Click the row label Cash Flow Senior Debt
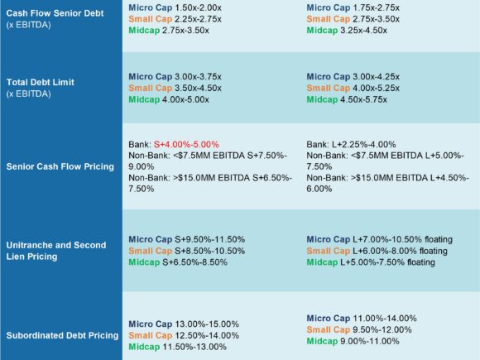click(55, 13)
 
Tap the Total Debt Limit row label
click(40, 82)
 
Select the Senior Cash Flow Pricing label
click(60, 166)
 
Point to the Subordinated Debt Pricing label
click(62, 335)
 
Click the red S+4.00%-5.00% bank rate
click(186, 144)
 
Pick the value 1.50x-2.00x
click(198, 7)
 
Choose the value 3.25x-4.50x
click(363, 31)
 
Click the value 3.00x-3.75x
click(198, 76)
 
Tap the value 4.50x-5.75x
click(363, 99)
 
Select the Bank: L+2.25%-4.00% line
click(351, 144)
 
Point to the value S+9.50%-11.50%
click(209, 239)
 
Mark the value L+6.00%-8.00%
click(385, 251)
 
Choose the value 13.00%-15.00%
click(207, 324)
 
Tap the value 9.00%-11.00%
click(370, 341)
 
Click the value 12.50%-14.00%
click(207, 335)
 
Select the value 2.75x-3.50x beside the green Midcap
click(185, 31)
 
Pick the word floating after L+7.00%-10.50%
click(439, 239)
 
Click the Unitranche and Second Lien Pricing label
click(56, 251)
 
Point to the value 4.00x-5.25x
click(376, 89)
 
